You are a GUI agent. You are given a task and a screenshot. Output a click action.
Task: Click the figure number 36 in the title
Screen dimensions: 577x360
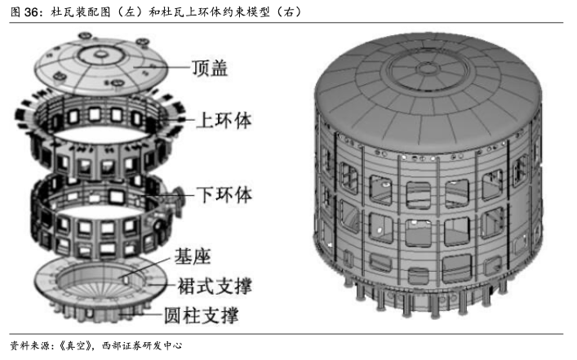tap(32, 11)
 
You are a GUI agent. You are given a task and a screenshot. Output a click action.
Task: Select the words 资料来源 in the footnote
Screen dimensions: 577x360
tap(27, 346)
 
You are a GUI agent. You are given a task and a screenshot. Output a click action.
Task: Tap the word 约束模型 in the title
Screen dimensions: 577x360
tap(242, 11)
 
